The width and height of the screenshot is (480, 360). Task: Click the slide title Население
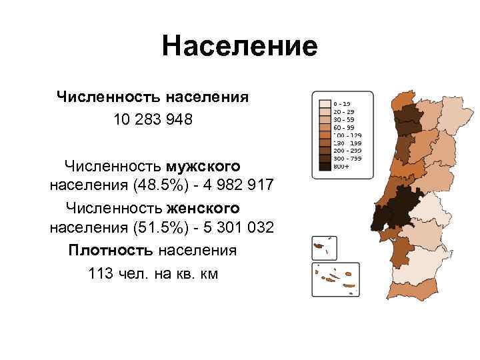(x=239, y=47)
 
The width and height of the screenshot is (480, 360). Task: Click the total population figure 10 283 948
(x=153, y=121)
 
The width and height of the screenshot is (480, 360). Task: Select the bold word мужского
(x=204, y=164)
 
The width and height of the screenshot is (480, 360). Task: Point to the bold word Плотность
(x=110, y=251)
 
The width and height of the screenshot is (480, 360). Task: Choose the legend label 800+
(x=342, y=167)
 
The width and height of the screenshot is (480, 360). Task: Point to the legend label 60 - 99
(x=345, y=125)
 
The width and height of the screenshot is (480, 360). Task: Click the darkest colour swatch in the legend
(x=324, y=167)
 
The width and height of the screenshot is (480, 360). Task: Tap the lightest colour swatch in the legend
(x=324, y=104)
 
